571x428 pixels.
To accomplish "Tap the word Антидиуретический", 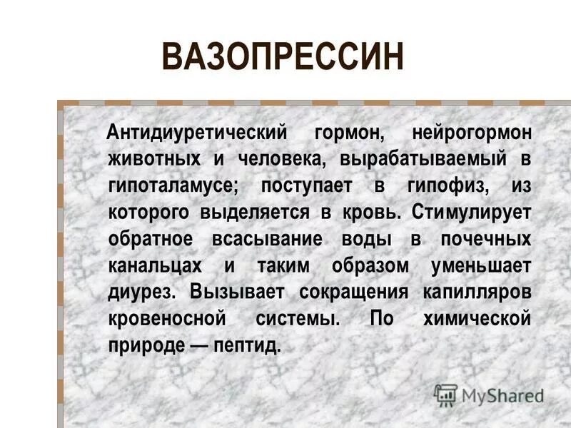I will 196,133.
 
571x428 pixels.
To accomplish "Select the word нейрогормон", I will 471,133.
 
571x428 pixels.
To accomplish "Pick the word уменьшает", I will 481,265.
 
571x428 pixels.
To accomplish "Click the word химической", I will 476,317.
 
